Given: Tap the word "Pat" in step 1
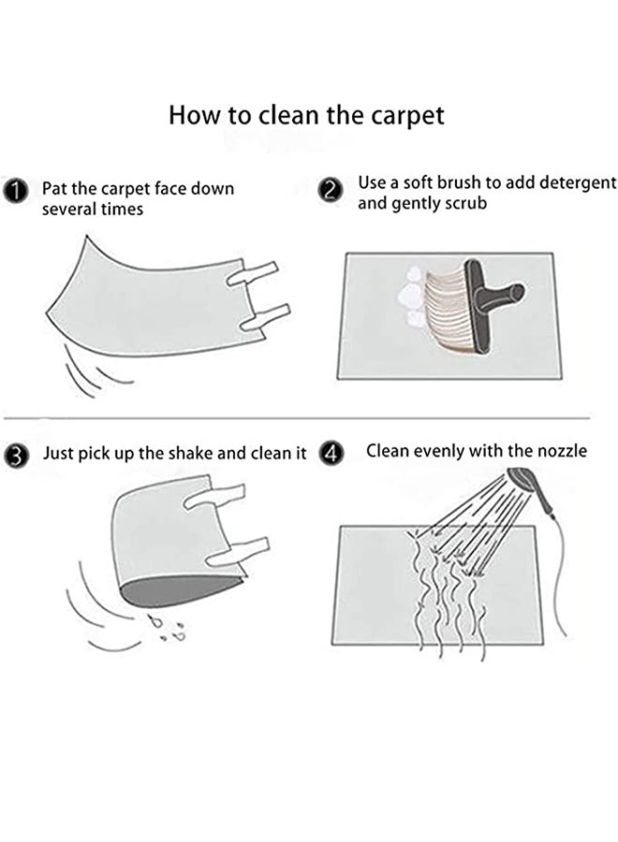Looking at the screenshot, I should point(54,189).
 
